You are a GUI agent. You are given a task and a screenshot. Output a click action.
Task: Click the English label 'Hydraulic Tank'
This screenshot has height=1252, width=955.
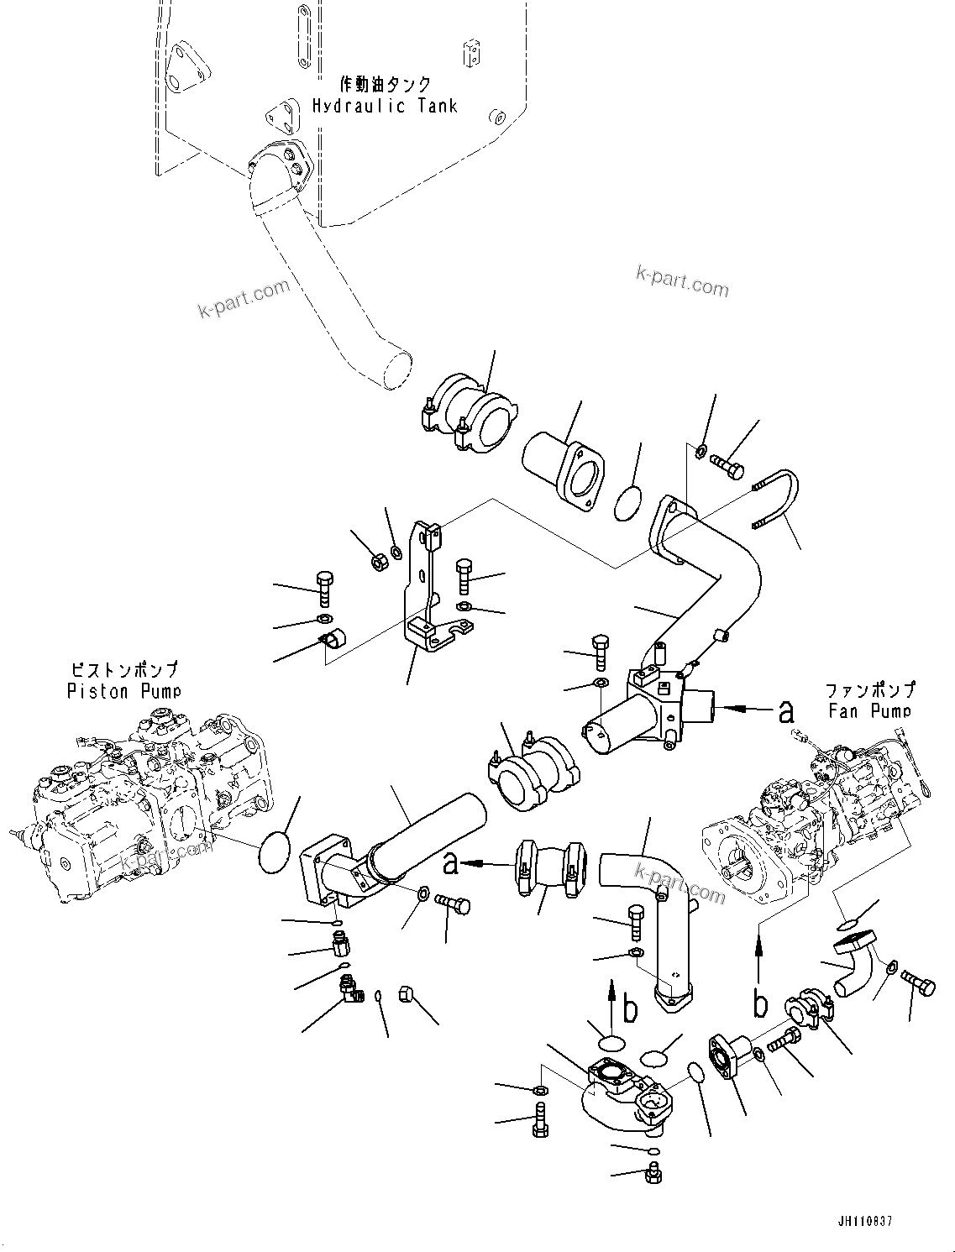[x=385, y=106]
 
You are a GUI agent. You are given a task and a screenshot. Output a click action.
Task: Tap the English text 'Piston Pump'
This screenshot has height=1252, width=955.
[x=124, y=691]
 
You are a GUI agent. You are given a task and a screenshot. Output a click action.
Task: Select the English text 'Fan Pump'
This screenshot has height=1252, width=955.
[x=868, y=710]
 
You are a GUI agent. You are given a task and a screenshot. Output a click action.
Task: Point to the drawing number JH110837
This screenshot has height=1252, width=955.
[x=866, y=1219]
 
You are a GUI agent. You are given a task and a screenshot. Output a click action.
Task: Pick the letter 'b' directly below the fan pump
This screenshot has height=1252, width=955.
[x=760, y=1003]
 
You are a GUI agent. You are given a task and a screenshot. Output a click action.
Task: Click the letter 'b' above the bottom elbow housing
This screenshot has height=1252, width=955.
[x=631, y=1010]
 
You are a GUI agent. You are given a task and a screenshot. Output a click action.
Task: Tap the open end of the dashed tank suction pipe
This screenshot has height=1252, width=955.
[x=393, y=369]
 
